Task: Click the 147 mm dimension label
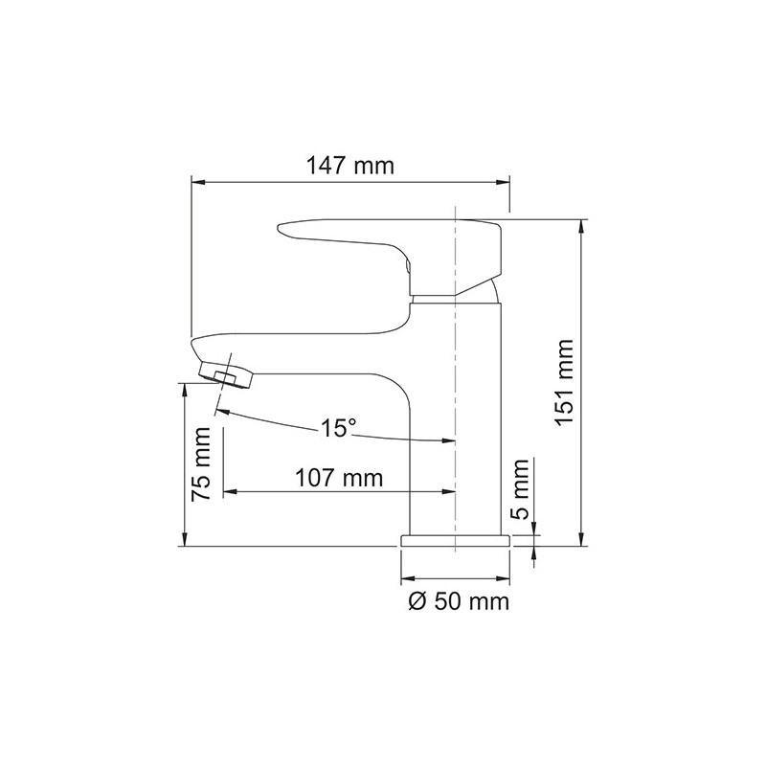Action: (349, 166)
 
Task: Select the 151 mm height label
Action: (565, 382)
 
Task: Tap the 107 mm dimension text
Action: (339, 477)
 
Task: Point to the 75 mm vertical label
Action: (201, 463)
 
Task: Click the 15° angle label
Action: (338, 428)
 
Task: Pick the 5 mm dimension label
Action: (520, 490)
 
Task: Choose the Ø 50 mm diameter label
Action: (459, 601)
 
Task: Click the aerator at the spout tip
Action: (226, 374)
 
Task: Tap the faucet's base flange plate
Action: (456, 540)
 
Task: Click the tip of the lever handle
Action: (280, 228)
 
